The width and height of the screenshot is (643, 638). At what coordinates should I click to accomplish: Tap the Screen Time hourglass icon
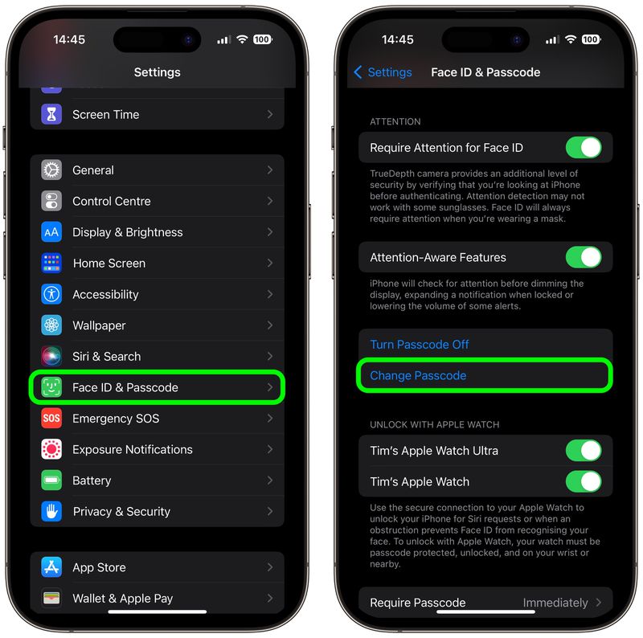51,114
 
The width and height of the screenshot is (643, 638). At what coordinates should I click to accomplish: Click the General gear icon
51,170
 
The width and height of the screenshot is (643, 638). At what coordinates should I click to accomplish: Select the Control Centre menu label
111,201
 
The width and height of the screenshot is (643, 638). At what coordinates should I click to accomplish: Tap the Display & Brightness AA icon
51,232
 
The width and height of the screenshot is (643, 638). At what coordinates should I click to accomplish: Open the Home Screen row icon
51,263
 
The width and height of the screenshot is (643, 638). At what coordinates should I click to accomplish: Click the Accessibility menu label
105,294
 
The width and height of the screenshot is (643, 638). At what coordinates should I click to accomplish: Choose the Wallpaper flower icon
51,325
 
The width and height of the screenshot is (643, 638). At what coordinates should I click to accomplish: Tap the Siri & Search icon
51,356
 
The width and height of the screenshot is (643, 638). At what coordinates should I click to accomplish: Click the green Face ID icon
51,387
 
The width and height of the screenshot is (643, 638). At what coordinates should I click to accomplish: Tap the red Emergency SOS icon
51,419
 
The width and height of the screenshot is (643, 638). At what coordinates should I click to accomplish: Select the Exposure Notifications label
132,449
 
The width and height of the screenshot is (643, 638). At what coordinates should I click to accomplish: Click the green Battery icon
51,481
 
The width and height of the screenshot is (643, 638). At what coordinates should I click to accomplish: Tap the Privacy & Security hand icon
51,512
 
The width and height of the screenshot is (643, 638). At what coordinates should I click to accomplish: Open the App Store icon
51,567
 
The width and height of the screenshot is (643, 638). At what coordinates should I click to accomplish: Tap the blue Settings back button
383,72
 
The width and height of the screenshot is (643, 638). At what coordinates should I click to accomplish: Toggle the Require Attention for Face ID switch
584,148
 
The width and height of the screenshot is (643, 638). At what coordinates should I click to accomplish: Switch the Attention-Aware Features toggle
584,257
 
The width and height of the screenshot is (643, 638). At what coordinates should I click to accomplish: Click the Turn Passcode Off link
420,345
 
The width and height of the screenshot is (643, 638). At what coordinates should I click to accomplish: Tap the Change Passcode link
418,375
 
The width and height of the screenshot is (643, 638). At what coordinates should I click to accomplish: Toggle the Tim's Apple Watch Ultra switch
584,451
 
